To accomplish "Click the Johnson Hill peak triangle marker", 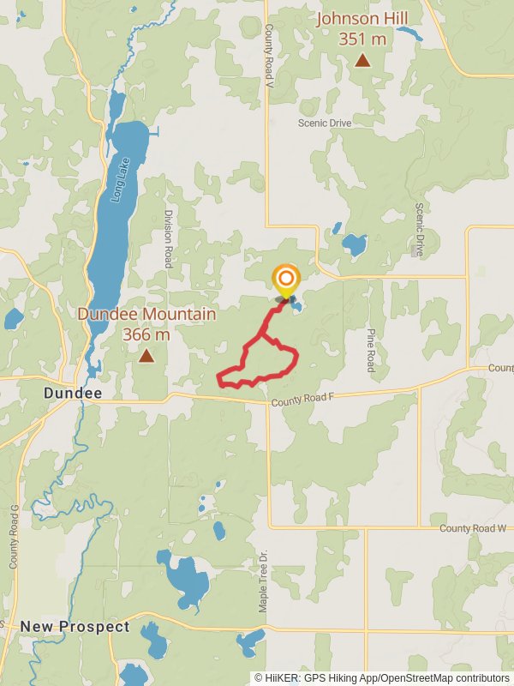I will [x=363, y=60].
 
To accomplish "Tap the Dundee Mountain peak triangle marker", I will [x=146, y=355].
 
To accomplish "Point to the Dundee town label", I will [x=73, y=394].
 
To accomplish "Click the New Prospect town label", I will [x=75, y=627].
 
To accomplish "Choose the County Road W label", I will [x=475, y=528].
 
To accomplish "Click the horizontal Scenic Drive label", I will [x=325, y=123].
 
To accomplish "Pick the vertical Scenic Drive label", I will [x=420, y=230].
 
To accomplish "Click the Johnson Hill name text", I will [x=362, y=19].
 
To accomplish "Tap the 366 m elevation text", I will [x=146, y=334].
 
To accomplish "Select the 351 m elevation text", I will [x=362, y=39].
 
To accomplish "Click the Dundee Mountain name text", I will [x=146, y=314].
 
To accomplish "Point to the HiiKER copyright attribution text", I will [x=382, y=677].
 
